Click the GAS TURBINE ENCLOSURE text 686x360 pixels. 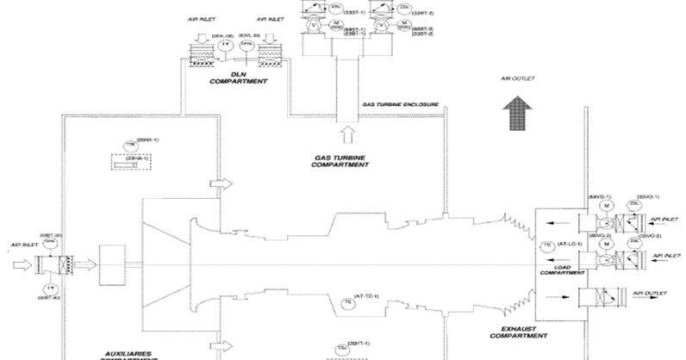(x=401, y=105)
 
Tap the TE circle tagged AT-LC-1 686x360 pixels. (x=546, y=245)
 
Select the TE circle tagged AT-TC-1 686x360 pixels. (x=347, y=302)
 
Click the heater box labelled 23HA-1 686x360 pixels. (x=132, y=160)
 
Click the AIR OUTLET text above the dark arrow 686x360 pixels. (x=518, y=78)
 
